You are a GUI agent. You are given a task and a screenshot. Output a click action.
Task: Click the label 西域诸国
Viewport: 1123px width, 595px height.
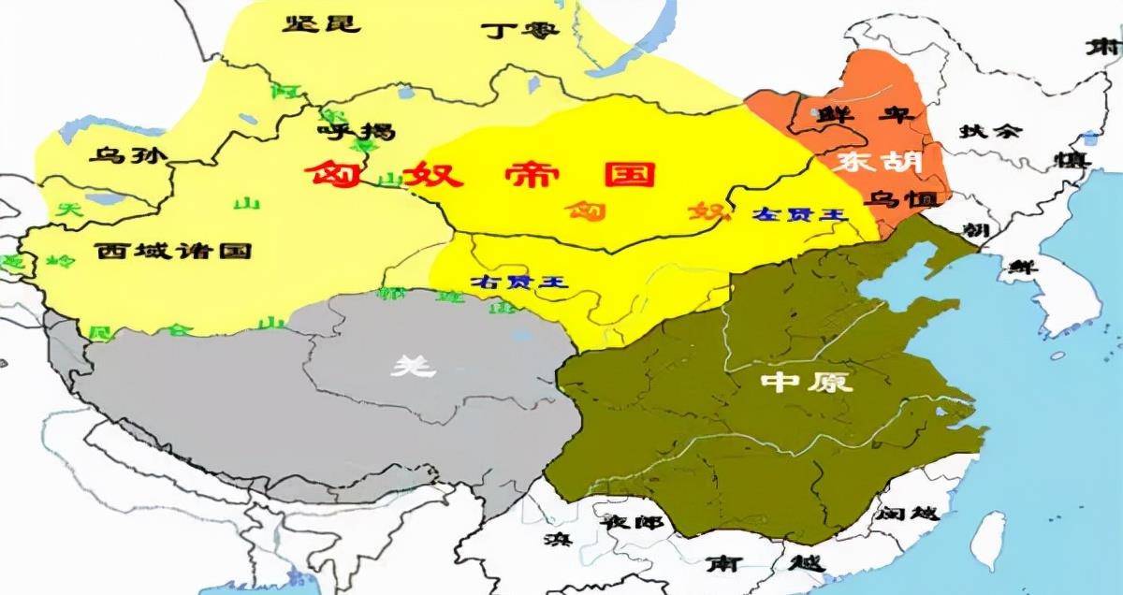[x=175, y=251]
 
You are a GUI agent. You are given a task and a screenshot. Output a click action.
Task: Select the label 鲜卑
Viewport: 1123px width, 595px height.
[x=852, y=115]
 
